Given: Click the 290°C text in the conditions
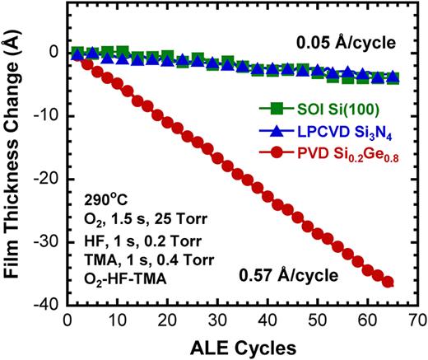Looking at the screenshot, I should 104,200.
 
